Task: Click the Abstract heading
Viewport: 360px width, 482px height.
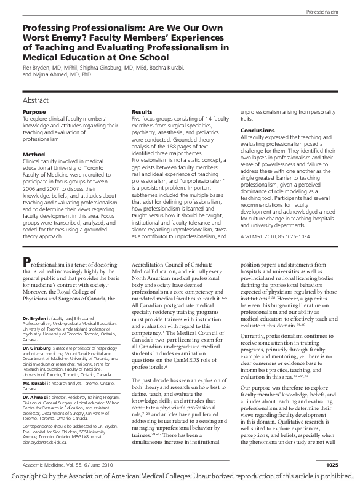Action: (x=36, y=99)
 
